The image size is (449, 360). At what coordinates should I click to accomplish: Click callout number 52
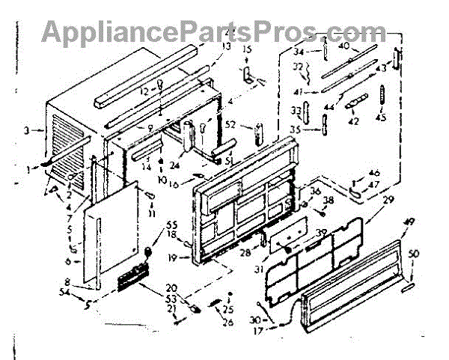[231, 126]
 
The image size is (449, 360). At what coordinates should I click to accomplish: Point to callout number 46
[374, 173]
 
